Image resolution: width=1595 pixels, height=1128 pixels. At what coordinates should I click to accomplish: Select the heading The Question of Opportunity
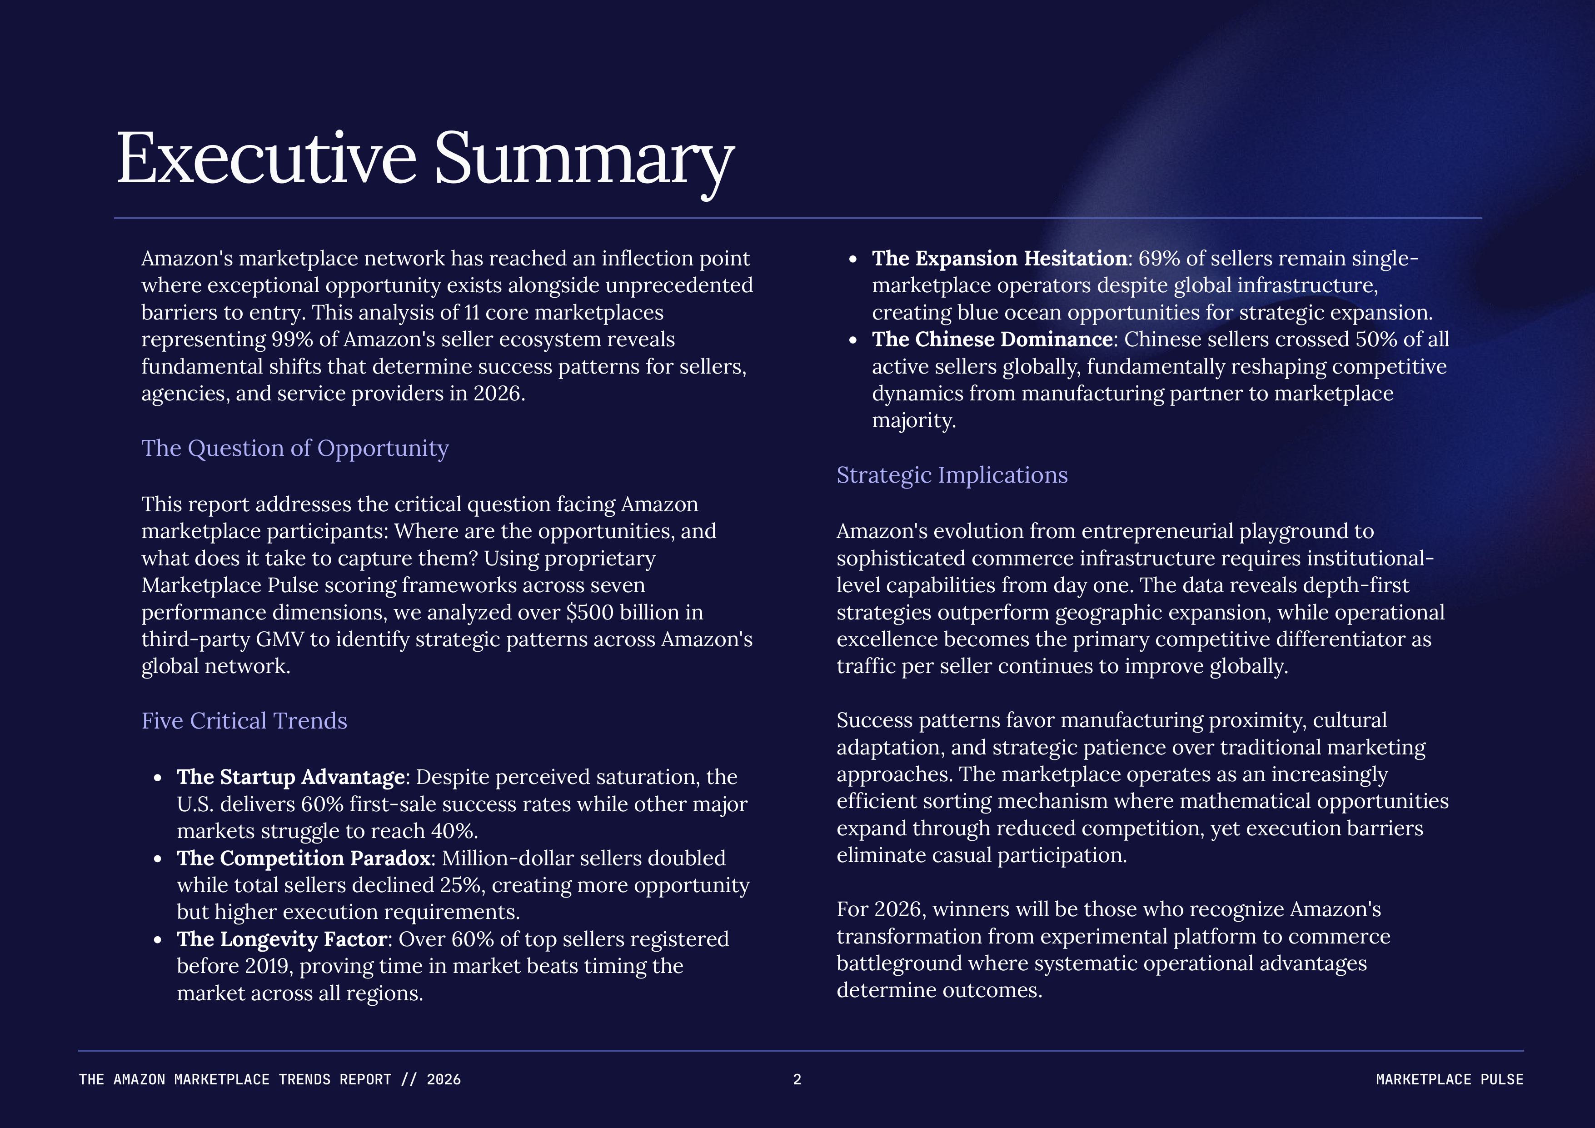(295, 449)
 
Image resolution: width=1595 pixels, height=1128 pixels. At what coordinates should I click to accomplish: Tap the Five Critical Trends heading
(244, 721)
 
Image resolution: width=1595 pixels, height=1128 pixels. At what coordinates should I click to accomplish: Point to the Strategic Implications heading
(952, 475)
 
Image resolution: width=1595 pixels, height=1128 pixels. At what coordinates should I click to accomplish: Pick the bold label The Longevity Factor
(281, 939)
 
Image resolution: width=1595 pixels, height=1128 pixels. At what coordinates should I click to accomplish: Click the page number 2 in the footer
(797, 1079)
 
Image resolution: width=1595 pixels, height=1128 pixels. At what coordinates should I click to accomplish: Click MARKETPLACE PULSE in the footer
(1449, 1079)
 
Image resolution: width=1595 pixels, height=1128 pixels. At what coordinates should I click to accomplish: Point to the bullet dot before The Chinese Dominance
(853, 340)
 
